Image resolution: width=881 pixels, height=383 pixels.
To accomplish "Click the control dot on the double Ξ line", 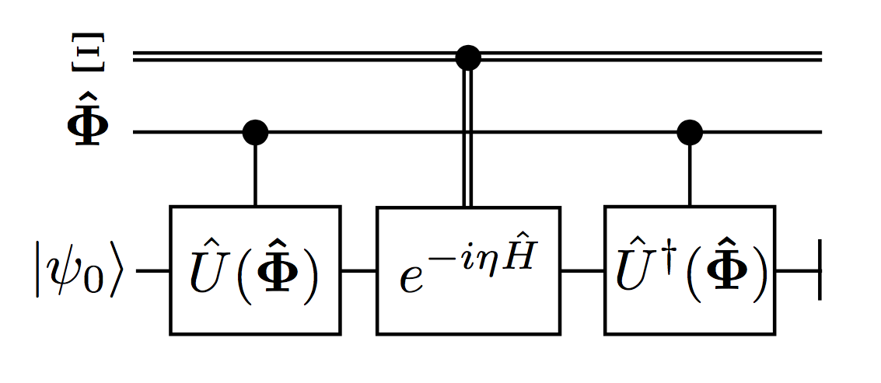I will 467,56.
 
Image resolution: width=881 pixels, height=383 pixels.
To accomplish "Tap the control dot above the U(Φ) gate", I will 255,132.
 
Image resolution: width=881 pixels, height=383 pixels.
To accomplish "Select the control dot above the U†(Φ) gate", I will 690,132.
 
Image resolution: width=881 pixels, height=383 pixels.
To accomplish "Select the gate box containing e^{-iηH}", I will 468,270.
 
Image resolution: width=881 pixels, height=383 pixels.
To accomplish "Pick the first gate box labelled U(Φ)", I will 255,270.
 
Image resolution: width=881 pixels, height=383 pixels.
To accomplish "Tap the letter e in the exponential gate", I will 412,280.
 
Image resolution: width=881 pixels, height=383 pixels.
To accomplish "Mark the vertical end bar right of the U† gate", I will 820,271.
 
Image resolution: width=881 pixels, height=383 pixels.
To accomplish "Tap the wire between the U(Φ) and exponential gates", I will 358,271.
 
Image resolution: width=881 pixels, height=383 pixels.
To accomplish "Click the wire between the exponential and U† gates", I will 582,271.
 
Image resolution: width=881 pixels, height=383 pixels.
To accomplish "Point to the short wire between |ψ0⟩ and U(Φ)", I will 153,271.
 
